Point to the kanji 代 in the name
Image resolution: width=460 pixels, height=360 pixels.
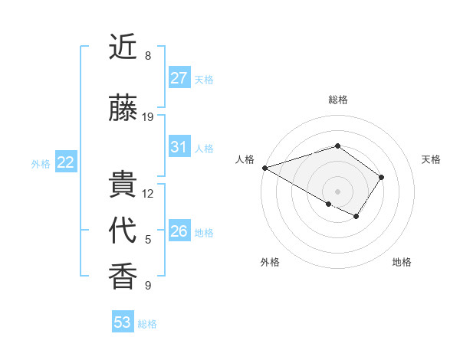[x=123, y=231]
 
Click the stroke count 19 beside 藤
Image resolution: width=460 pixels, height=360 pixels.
[x=148, y=117]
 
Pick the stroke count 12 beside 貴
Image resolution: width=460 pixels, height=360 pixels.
[x=148, y=194]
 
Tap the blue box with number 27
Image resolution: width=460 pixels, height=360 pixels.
[x=179, y=78]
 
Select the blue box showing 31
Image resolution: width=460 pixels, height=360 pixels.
[x=179, y=147]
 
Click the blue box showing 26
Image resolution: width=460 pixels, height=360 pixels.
[x=179, y=231]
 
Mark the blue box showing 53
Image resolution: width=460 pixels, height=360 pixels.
[x=122, y=322]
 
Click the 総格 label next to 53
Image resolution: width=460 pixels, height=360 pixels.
[x=147, y=324]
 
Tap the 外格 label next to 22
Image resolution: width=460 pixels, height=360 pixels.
[x=41, y=163]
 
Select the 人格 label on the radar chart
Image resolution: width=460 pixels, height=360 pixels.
[x=245, y=159]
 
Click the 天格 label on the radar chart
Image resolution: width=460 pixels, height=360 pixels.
[x=431, y=159]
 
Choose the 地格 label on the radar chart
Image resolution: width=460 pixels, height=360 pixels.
[x=402, y=262]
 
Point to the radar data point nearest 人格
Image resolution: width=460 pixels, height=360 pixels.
[x=264, y=168]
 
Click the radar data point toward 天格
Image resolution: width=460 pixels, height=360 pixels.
[x=381, y=177]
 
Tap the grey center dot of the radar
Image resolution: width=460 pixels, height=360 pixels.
[x=337, y=191]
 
